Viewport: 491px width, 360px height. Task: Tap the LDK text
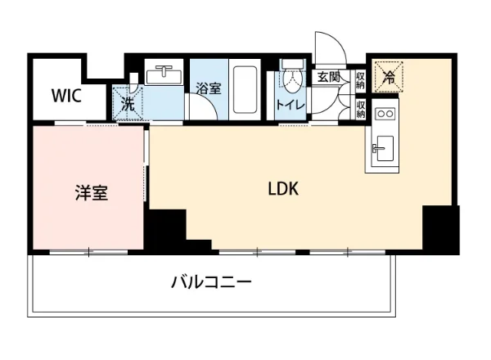click(x=283, y=189)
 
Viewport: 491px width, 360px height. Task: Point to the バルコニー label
click(x=211, y=284)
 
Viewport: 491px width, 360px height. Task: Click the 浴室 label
click(x=208, y=88)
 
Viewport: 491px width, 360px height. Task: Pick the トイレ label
click(x=291, y=104)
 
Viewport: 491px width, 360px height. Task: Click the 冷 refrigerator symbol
click(x=389, y=79)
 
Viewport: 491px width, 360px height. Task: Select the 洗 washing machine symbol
click(x=128, y=104)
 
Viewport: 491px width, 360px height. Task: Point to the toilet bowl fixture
click(x=291, y=79)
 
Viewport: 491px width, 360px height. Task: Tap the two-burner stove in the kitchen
click(x=385, y=115)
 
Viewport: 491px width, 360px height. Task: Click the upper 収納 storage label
click(x=360, y=80)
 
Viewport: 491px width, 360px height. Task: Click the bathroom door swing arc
click(x=200, y=110)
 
